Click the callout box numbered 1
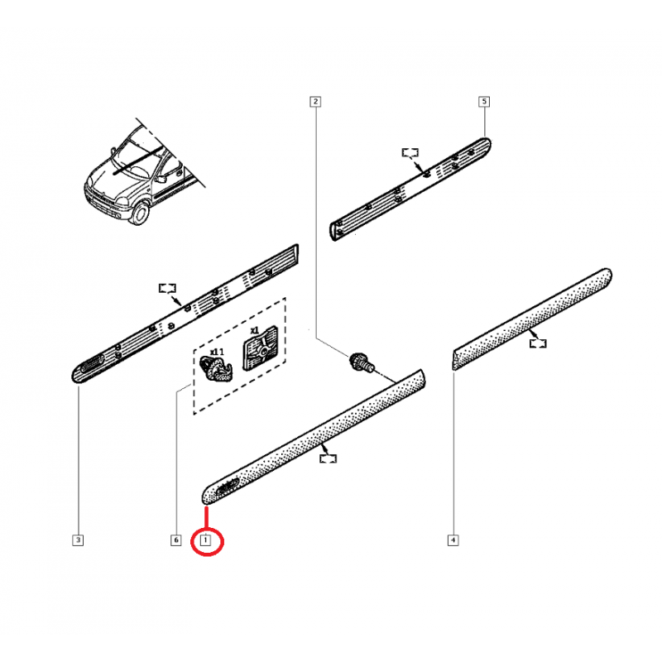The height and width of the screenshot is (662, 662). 205,540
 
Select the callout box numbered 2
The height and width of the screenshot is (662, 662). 315,101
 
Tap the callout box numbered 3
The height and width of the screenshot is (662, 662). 78,540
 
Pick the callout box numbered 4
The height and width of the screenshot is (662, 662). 453,540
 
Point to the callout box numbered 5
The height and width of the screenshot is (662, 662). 484,101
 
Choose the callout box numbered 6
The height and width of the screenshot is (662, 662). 176,540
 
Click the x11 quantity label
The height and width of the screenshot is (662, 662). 217,351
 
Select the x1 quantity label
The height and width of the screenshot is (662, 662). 255,329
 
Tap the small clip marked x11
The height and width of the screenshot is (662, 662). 215,369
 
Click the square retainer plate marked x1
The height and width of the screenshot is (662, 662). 260,348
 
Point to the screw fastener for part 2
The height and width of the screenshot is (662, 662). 362,362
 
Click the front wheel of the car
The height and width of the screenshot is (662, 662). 141,213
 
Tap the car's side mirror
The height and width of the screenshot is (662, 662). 161,179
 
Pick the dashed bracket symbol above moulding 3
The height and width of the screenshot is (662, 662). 167,288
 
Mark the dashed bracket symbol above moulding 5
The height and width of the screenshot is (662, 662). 410,153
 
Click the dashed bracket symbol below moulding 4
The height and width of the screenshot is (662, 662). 538,343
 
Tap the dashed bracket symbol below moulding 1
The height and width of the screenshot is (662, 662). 328,458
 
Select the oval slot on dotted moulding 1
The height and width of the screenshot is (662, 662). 228,487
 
